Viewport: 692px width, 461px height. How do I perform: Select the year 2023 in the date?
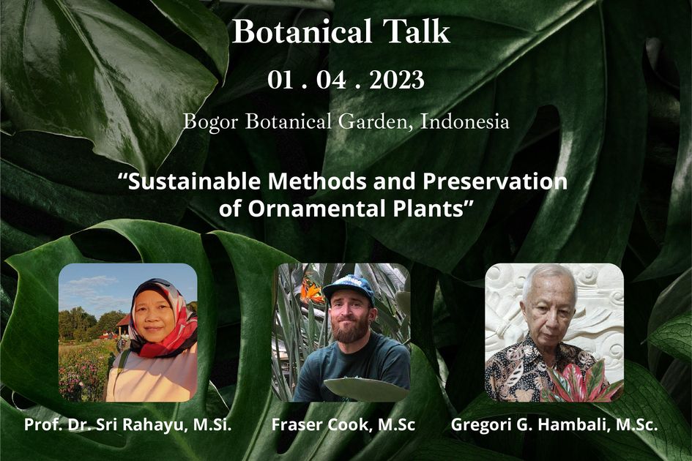[396, 80]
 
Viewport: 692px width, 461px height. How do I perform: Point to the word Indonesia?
[465, 121]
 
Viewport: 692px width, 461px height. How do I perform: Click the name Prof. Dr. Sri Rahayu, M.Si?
[127, 424]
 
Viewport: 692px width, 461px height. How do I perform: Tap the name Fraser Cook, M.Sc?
[343, 424]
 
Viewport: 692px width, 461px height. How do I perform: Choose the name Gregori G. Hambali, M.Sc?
[554, 424]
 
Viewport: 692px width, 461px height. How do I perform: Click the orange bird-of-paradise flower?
[311, 291]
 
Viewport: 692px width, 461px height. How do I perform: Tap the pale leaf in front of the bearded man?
[365, 389]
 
